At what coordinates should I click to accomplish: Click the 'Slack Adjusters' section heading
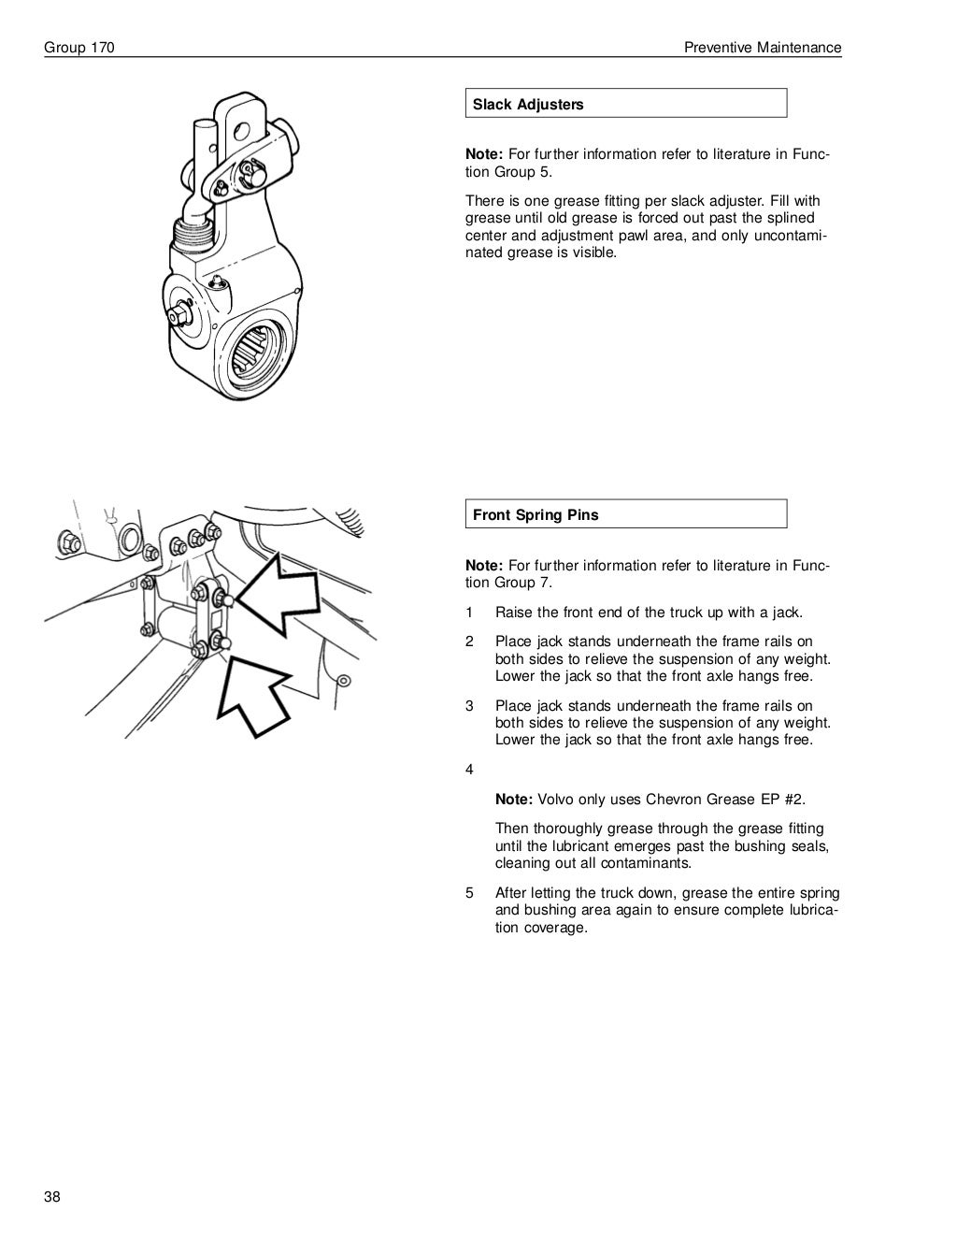click(528, 105)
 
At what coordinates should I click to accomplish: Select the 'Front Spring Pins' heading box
click(536, 514)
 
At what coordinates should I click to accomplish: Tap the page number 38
click(51, 1199)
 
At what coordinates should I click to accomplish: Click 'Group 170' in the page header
click(79, 48)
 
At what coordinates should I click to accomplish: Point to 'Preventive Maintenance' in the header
click(763, 48)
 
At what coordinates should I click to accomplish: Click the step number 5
click(470, 893)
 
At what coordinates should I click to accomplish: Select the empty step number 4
click(470, 770)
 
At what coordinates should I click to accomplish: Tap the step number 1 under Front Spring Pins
click(470, 613)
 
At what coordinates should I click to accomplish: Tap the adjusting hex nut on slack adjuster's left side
click(175, 316)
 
